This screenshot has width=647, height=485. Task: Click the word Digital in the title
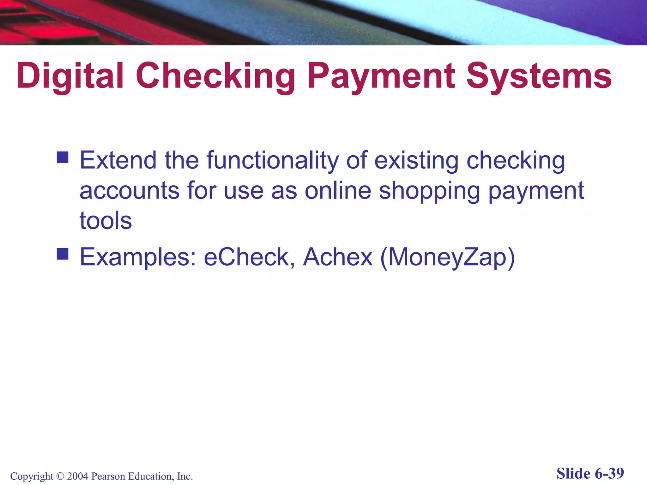coord(70,76)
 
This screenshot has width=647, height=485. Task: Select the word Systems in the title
coord(539,76)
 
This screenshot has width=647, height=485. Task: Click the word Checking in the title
coord(215,76)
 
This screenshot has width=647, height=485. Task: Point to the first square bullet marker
coord(63,157)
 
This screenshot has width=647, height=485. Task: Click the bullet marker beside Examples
coord(63,254)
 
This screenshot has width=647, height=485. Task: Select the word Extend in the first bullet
coord(118,160)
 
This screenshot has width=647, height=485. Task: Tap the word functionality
coord(272,160)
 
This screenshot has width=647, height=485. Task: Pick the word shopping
coord(430,190)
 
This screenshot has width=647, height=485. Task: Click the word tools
coord(106,220)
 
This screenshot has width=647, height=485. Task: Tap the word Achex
coord(338,257)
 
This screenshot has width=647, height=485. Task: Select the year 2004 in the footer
coord(78,476)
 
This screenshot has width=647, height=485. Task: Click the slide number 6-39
coord(609,473)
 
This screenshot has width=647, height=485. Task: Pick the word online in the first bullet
coord(338,190)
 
